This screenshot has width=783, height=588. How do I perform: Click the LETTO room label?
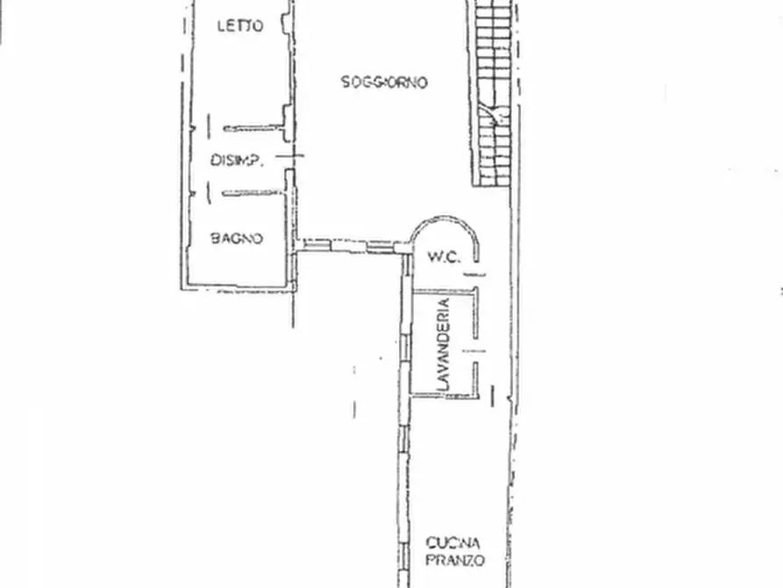(239, 26)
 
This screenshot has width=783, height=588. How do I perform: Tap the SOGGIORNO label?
(384, 82)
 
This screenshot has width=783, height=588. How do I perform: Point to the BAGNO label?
(237, 237)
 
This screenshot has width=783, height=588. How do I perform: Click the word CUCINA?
(454, 542)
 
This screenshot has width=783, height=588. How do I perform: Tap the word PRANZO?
(454, 560)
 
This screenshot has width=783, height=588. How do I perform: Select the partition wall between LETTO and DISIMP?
(254, 128)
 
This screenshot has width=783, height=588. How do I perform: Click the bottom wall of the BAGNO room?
(237, 286)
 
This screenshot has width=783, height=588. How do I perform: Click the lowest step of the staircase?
(494, 180)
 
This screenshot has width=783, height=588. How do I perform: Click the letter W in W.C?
(433, 257)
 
